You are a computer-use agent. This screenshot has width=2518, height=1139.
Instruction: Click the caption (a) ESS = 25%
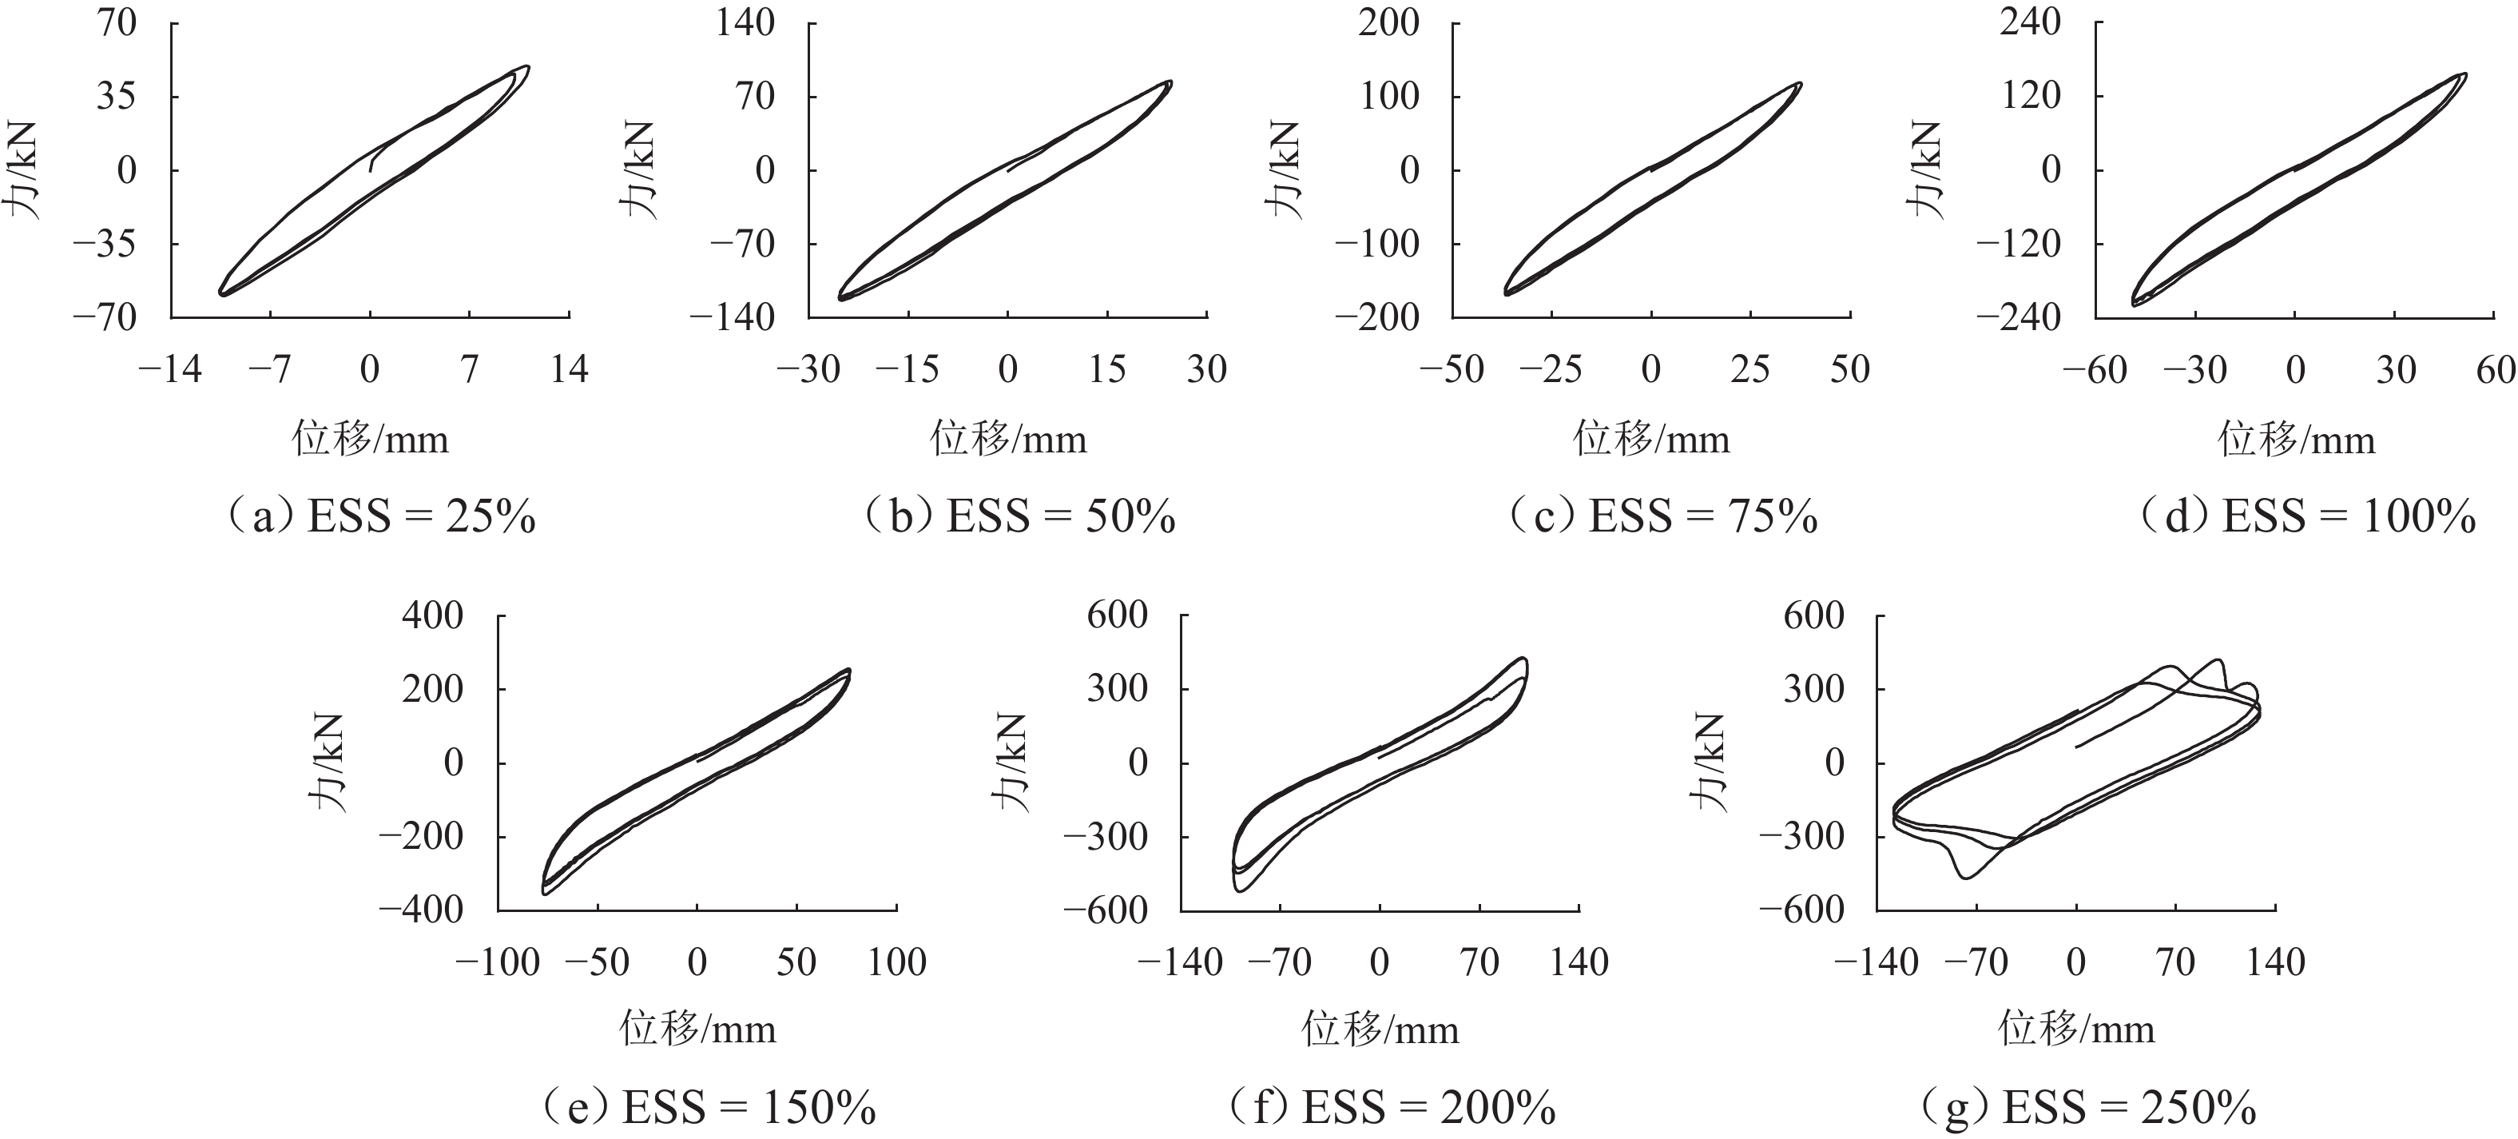(381, 516)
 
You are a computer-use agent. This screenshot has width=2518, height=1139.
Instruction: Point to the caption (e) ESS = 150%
(708, 1107)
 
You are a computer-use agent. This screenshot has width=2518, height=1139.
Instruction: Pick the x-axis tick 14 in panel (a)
(570, 369)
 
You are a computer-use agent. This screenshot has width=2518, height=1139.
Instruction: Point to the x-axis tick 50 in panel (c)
(1849, 369)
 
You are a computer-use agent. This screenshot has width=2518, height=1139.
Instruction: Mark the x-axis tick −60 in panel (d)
(2095, 369)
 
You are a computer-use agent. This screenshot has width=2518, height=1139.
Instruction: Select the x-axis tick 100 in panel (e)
(896, 962)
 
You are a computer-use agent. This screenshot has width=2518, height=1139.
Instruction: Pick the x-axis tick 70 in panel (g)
(2176, 962)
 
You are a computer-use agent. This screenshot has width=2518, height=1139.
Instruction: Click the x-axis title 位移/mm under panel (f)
(1380, 1029)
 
